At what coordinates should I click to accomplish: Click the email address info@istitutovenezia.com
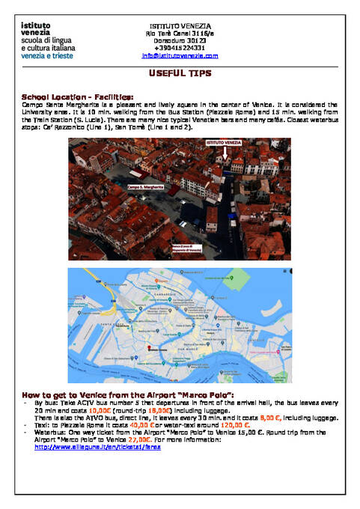pos(180,55)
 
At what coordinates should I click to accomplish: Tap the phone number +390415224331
pos(180,48)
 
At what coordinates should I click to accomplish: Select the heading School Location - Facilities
pos(78,97)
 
